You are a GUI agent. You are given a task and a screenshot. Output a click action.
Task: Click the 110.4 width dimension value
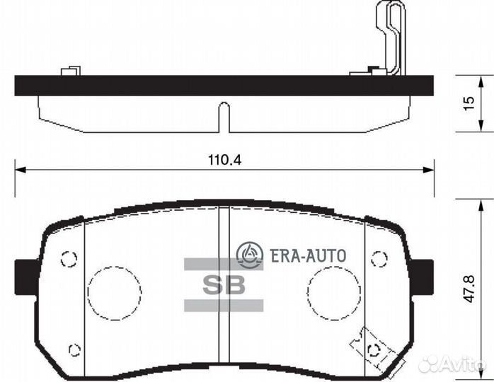pos(224,160)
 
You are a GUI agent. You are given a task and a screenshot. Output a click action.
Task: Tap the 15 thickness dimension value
pos(469,103)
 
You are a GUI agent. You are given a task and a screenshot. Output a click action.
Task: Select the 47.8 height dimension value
pos(469,289)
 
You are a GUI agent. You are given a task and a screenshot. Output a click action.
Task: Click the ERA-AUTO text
pos(308,255)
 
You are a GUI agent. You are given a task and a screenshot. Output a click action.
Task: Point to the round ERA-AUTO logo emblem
pos(250,255)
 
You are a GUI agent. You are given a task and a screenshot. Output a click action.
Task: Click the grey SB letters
pos(224,285)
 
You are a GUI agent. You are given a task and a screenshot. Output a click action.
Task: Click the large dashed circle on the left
pos(88,293)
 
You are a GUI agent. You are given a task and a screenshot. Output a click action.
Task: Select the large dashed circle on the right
pos(307,293)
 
